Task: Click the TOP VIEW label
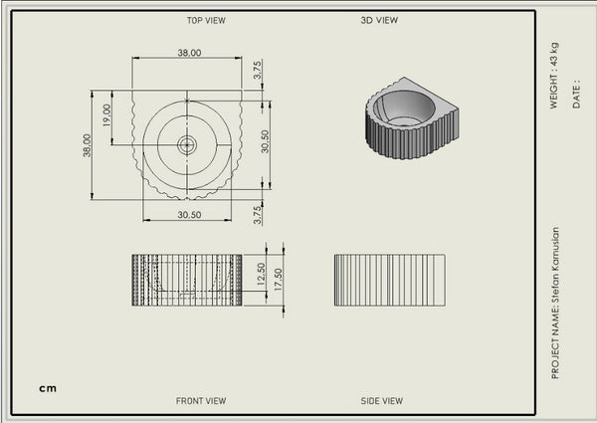point(206,20)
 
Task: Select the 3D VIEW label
point(379,20)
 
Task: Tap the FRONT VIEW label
point(201,400)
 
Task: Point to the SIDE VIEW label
point(381,400)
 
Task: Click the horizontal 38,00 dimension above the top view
point(189,53)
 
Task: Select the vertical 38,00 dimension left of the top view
point(87,145)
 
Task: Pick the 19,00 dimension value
point(106,115)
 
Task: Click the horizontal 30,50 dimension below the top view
point(189,215)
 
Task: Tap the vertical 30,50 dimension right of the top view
point(265,141)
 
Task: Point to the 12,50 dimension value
point(261,274)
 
